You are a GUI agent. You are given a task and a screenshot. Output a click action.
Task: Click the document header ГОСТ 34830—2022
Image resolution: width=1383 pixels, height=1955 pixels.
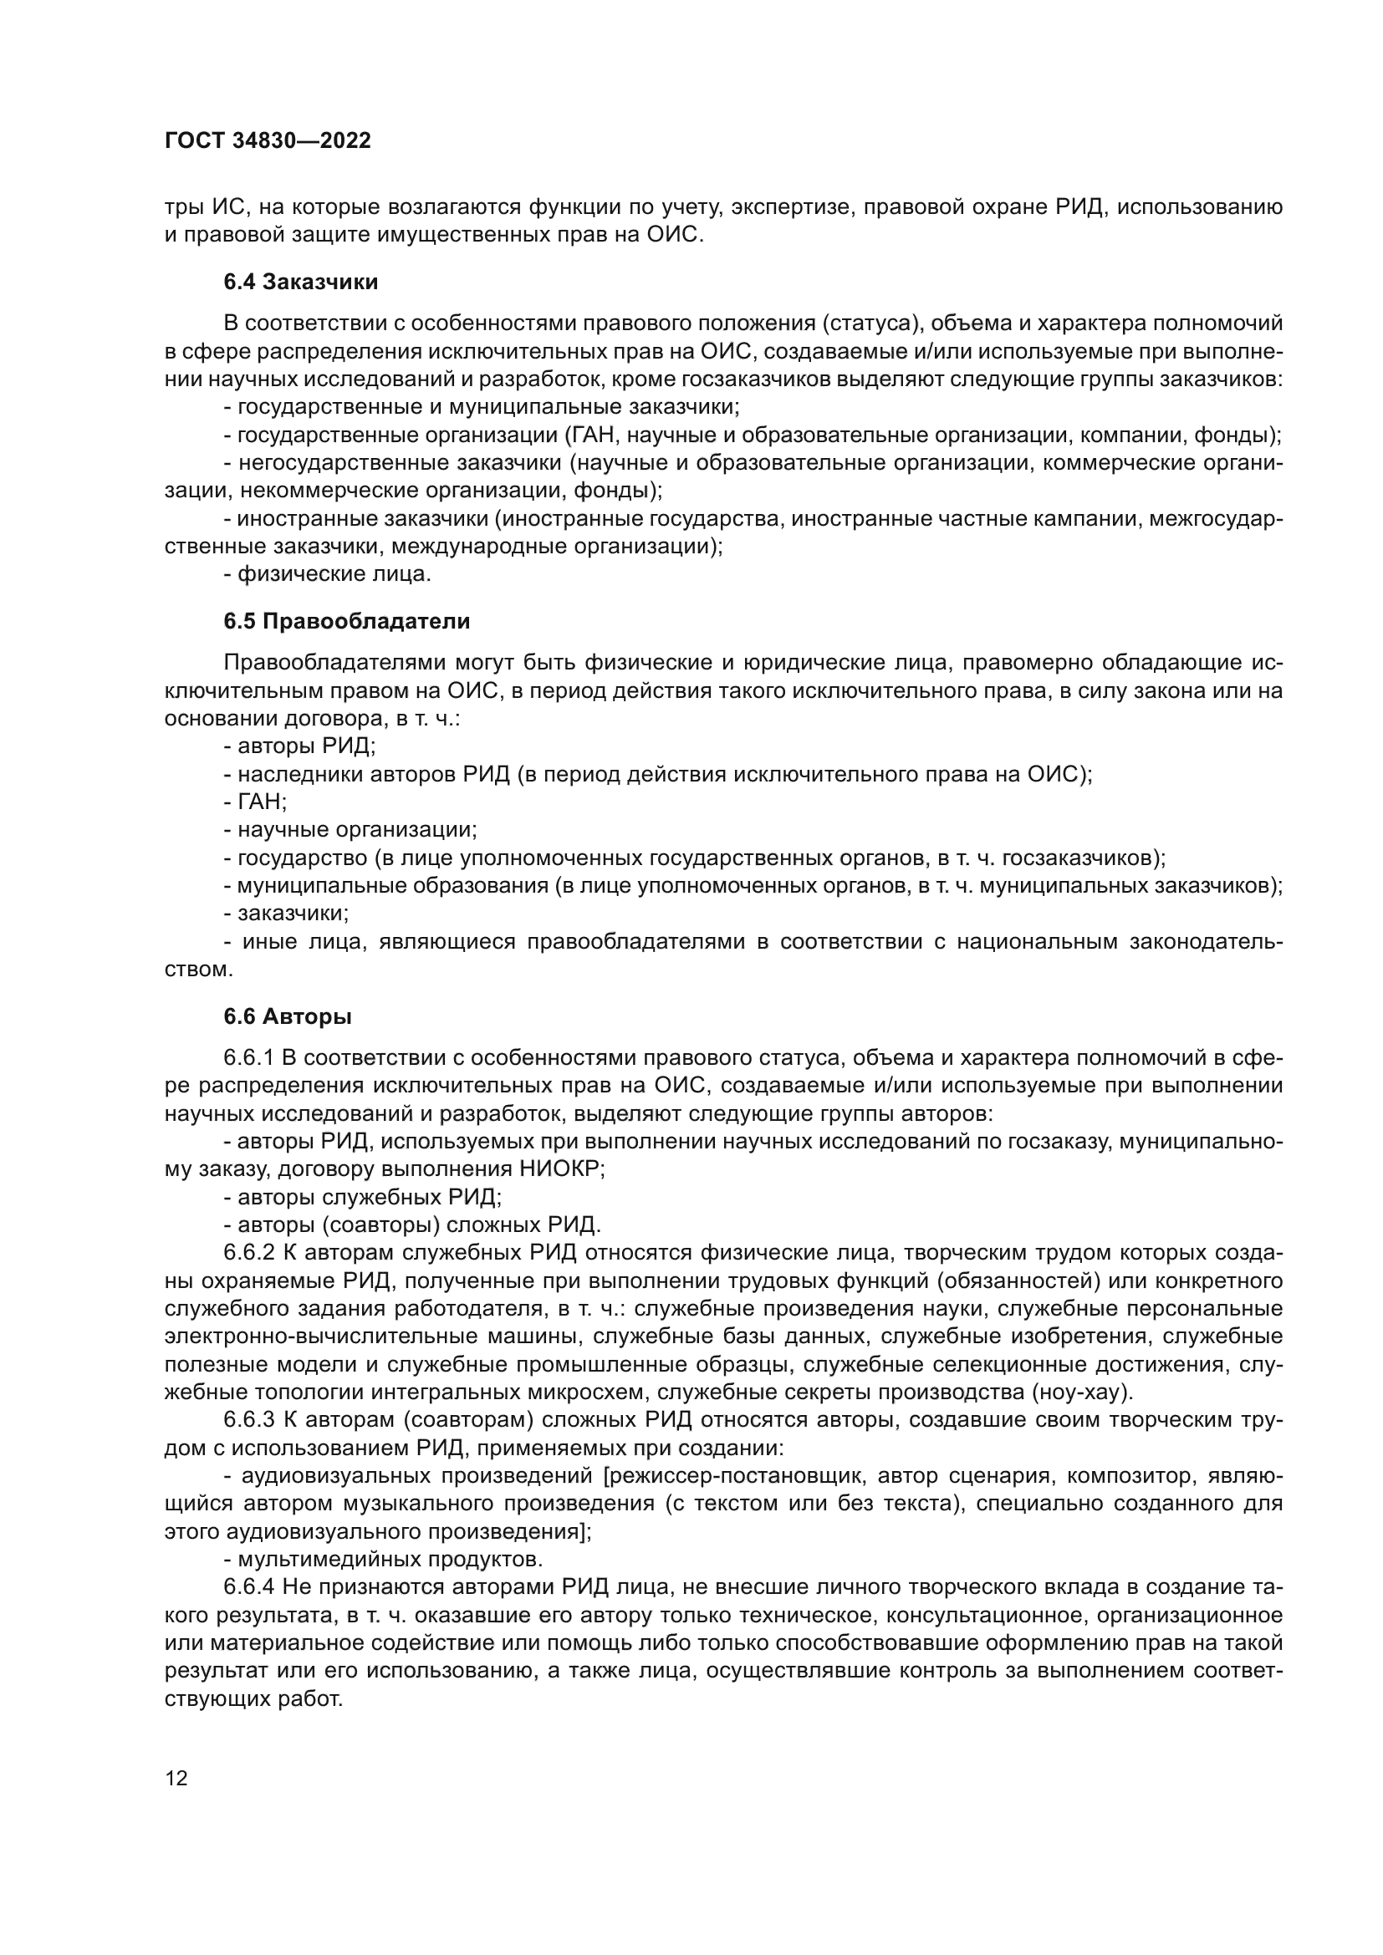click(x=268, y=141)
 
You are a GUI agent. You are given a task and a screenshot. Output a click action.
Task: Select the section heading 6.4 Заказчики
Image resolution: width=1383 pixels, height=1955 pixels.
click(x=301, y=282)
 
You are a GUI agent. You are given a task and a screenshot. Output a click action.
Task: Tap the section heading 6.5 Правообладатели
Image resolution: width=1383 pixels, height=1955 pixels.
click(x=347, y=622)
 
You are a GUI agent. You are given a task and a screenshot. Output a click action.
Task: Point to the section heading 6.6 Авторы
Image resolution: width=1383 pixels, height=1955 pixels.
click(x=288, y=1016)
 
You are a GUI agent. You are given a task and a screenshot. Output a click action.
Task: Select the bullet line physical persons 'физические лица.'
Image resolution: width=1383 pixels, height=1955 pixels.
click(x=327, y=575)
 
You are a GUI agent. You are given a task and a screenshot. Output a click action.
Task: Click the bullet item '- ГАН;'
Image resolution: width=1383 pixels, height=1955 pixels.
click(x=255, y=802)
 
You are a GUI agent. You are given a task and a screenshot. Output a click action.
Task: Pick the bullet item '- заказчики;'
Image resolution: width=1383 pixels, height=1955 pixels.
click(x=285, y=914)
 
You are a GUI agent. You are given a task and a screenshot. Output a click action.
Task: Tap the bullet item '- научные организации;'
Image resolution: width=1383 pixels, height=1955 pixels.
click(x=350, y=829)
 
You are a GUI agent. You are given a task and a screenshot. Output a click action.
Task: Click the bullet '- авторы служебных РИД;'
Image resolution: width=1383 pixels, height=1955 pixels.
click(x=362, y=1197)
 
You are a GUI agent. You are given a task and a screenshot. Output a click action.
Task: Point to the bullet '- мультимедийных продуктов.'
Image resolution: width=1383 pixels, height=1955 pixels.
click(x=382, y=1560)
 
